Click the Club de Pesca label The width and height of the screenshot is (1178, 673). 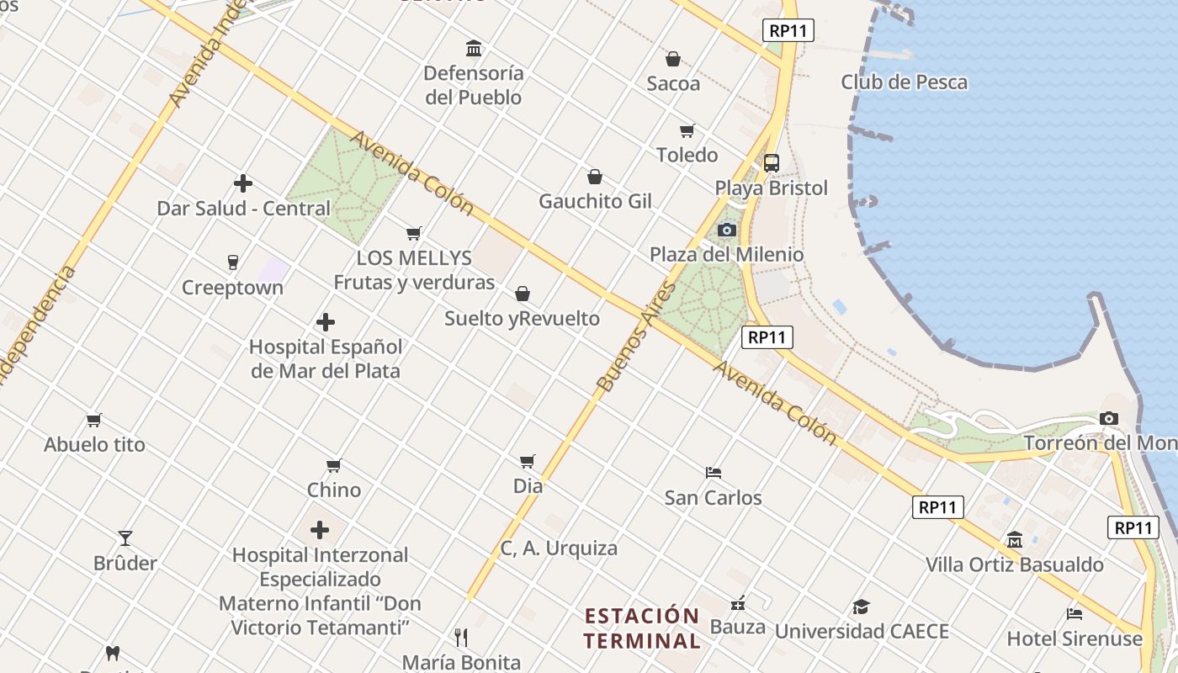click(904, 82)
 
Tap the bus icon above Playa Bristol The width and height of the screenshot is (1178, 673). click(771, 163)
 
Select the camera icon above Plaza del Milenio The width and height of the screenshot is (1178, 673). click(727, 230)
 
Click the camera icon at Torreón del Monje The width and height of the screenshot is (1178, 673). click(1109, 418)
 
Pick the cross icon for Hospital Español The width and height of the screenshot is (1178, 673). click(326, 322)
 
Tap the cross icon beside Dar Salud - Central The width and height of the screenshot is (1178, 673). click(243, 183)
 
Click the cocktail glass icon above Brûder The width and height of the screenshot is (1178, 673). click(125, 538)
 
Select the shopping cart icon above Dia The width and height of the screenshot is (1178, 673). click(528, 461)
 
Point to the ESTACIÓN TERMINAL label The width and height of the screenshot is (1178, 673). click(642, 628)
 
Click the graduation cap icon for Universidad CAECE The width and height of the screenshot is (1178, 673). click(861, 607)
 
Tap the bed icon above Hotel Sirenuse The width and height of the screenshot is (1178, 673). click(1075, 613)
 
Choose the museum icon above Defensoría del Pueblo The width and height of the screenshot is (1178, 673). click(474, 48)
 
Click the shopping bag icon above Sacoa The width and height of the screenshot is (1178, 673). click(673, 59)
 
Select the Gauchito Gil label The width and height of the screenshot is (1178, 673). click(596, 202)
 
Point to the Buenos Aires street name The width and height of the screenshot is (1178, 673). click(636, 337)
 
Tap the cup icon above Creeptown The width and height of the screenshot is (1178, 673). click(233, 262)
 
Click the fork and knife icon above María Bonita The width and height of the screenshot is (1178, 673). click(461, 637)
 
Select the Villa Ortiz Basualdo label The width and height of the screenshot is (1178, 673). click(1014, 564)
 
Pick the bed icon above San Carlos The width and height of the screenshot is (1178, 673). click(714, 472)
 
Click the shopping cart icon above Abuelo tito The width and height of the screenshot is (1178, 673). click(94, 420)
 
